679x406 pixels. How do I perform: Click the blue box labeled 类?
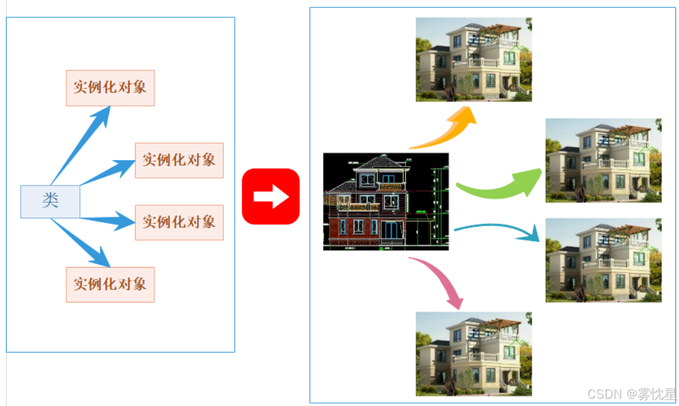click(50, 201)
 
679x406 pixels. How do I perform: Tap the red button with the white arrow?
click(271, 197)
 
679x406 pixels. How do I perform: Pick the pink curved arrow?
click(443, 280)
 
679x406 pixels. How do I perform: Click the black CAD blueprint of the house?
click(386, 201)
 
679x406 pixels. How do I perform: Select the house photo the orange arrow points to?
click(474, 59)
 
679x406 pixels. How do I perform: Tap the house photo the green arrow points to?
click(603, 160)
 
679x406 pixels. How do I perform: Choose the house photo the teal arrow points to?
click(603, 260)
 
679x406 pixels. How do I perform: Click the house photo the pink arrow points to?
click(474, 354)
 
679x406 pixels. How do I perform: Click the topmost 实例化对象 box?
click(110, 88)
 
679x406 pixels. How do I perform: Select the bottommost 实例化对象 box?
click(110, 285)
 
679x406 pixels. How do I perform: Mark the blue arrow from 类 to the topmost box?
click(84, 142)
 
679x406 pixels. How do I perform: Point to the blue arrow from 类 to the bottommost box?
click(84, 244)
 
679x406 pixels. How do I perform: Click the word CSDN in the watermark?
click(604, 394)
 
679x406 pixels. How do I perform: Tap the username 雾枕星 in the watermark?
click(658, 394)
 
